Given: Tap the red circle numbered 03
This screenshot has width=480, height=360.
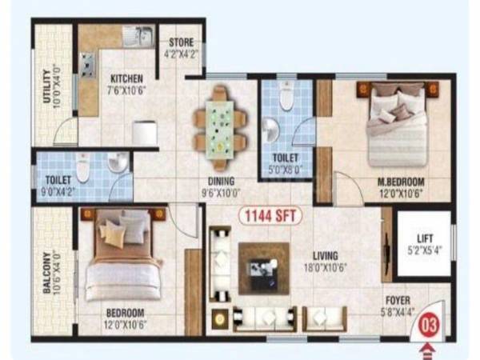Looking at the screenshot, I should pyautogui.click(x=430, y=326).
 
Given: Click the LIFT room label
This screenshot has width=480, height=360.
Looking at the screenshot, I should pyautogui.click(x=424, y=238).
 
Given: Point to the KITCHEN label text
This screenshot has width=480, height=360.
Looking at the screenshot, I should pyautogui.click(x=126, y=78).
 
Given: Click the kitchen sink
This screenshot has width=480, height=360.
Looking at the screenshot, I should pyautogui.click(x=138, y=36).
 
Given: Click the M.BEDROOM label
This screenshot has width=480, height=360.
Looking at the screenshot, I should pyautogui.click(x=401, y=181).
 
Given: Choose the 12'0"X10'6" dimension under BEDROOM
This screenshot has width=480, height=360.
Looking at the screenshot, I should pyautogui.click(x=125, y=323).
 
